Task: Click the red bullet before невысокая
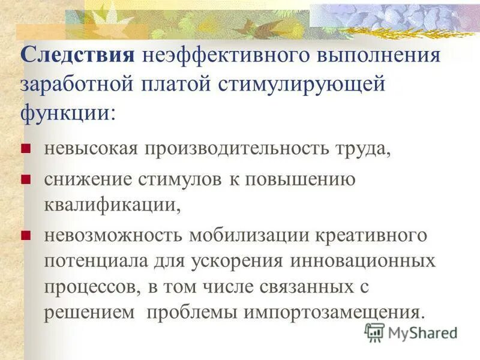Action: (25, 149)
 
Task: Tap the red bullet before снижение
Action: (25, 179)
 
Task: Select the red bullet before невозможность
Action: (25, 235)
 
